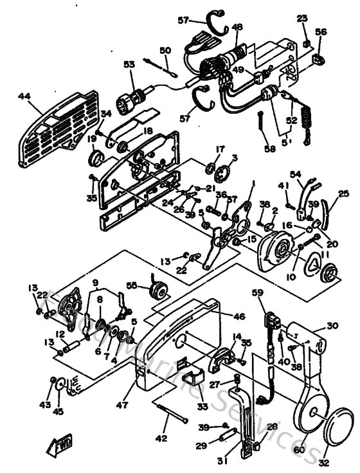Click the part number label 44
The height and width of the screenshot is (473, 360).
[x=24, y=96]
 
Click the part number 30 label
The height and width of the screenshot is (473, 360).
[x=332, y=326]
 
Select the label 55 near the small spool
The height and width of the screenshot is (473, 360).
[x=132, y=285]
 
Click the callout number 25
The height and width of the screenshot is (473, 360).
[x=343, y=193]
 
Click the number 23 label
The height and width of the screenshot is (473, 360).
[x=303, y=19]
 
